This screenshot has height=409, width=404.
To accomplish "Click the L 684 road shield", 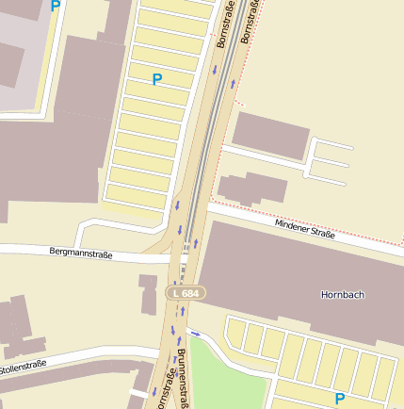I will (x=186, y=294).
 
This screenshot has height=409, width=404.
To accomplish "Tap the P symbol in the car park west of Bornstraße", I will (x=156, y=80).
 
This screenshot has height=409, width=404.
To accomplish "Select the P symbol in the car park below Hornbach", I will (x=339, y=399).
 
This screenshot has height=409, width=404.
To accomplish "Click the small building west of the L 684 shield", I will (x=148, y=294).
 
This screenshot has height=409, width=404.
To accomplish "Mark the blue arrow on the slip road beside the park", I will (x=196, y=333).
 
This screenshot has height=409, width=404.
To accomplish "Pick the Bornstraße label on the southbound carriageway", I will (x=224, y=26).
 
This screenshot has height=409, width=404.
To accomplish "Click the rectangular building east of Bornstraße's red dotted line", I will (x=270, y=134).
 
